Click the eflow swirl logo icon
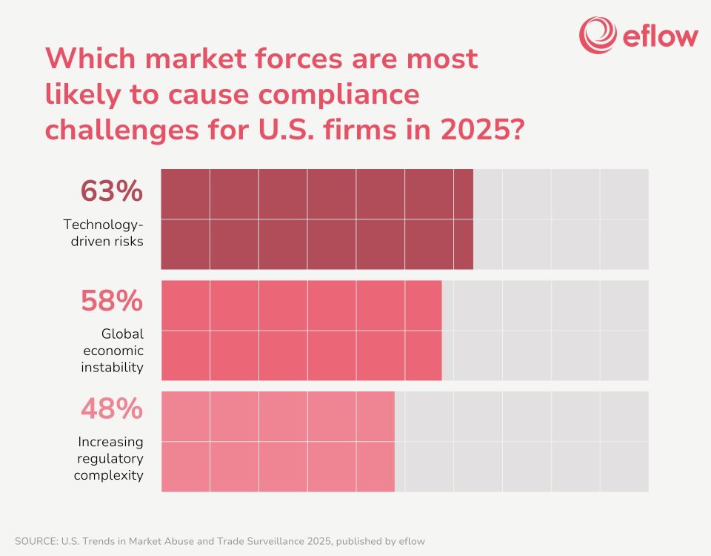pos(598,35)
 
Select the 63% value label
pos(111,191)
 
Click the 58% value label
pos(111,302)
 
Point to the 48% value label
pos(111,409)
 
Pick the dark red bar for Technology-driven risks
pos(317,219)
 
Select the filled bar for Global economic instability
pos(301,330)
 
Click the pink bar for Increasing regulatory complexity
pos(278,441)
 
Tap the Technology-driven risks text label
pos(103,232)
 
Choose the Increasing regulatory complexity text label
pos(110,458)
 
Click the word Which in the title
pos(93,59)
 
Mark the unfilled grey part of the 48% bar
pos(521,441)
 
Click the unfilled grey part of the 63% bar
pos(561,219)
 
